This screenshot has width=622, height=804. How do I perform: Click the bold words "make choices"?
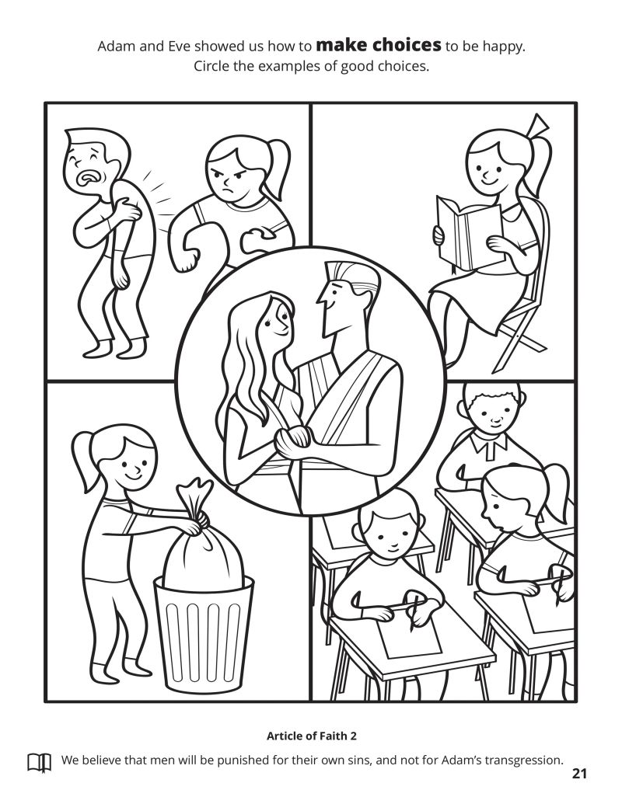(x=378, y=45)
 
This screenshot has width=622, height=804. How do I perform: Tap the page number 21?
(x=579, y=774)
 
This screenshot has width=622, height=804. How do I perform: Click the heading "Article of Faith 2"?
(x=312, y=736)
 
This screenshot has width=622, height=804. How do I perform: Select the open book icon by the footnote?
(x=39, y=763)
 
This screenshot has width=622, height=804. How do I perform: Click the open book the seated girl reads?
(x=468, y=233)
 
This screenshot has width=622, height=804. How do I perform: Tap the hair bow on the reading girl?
(x=536, y=125)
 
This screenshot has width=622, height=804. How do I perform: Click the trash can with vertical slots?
(x=204, y=633)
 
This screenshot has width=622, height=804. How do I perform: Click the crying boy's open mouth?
(x=87, y=178)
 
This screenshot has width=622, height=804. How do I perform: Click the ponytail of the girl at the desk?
(x=555, y=489)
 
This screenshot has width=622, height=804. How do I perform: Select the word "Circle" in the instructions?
(x=211, y=66)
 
